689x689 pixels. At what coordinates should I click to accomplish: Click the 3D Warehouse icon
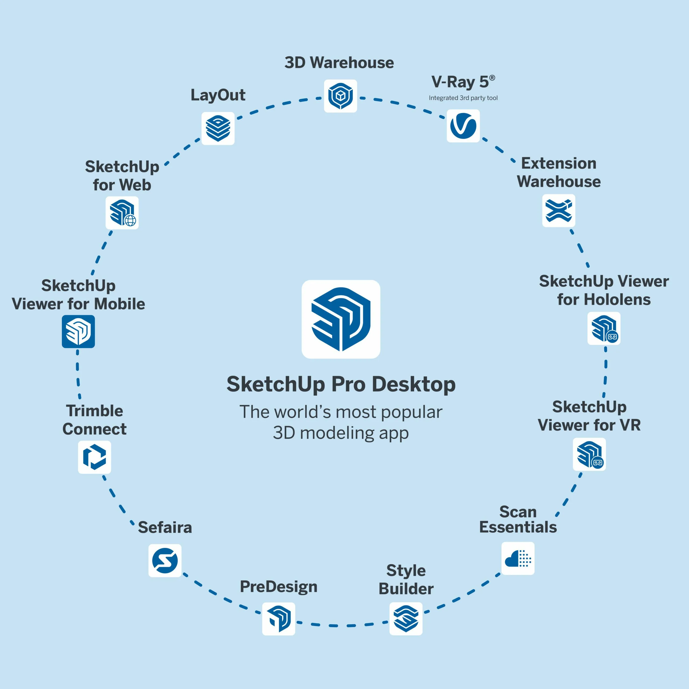click(340, 96)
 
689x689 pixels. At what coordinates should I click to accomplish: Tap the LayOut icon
click(218, 128)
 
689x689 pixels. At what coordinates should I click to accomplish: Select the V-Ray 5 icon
click(463, 126)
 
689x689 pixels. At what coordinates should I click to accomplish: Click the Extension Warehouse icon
click(558, 210)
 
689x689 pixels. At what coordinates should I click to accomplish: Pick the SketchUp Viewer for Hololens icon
click(604, 328)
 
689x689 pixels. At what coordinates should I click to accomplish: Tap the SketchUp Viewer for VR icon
click(589, 454)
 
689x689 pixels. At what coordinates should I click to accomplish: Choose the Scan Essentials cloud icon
click(518, 558)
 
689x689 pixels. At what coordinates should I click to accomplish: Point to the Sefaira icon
click(165, 560)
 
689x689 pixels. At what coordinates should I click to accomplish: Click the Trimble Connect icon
click(94, 457)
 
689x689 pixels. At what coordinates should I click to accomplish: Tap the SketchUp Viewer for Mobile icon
click(78, 331)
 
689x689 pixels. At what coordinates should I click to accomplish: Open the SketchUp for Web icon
click(122, 213)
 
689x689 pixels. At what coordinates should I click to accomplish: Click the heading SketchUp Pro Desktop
click(341, 384)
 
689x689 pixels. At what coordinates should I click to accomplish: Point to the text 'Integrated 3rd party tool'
click(463, 98)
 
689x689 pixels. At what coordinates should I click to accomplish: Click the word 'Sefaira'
click(165, 527)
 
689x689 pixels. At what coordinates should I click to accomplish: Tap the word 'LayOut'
click(218, 95)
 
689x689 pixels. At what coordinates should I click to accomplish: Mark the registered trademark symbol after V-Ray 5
click(492, 78)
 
